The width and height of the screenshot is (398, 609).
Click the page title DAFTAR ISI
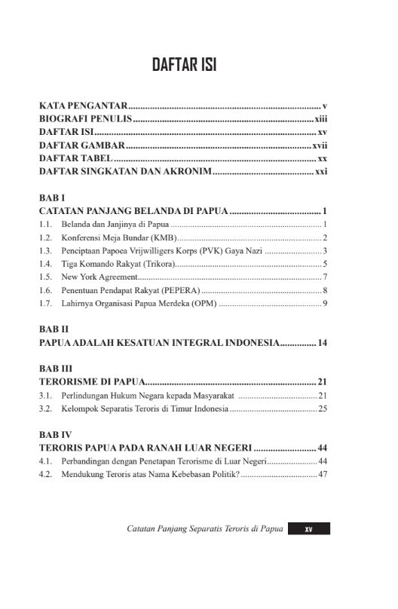tap(184, 65)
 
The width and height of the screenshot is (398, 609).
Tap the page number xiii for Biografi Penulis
tap(320, 119)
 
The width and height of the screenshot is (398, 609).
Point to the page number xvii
tap(319, 145)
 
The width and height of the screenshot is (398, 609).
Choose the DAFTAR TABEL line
tap(75, 158)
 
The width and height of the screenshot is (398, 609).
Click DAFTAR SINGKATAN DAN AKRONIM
tap(125, 172)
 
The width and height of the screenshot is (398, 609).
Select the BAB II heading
tap(54, 330)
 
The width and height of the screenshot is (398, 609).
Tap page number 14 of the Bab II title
tap(322, 343)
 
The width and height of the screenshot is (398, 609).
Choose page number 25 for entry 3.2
tap(322, 409)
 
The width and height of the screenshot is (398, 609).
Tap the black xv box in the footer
tap(308, 529)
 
